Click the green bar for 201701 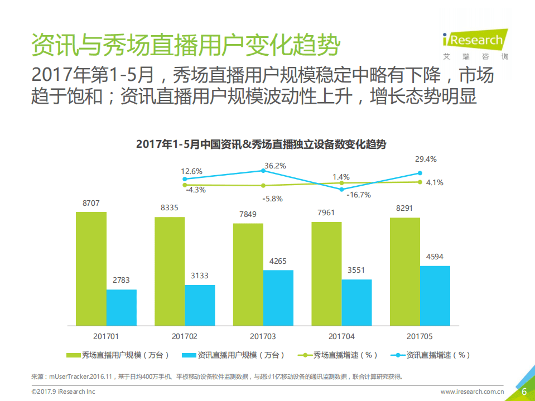click(x=91, y=268)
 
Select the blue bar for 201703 click(x=278, y=298)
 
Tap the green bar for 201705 click(x=404, y=271)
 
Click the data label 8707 click(x=91, y=204)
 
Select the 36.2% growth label click(x=275, y=166)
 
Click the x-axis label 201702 click(x=184, y=336)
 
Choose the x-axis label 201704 click(x=341, y=336)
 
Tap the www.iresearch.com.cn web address click(x=472, y=392)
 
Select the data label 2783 click(x=121, y=281)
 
